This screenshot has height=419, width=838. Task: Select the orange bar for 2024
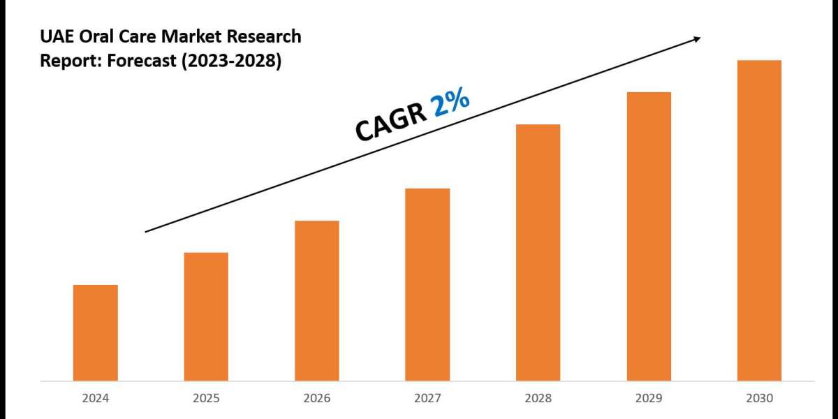96,332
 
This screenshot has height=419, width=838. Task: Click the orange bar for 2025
206,316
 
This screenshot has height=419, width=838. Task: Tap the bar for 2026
317,300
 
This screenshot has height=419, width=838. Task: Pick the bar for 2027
427,284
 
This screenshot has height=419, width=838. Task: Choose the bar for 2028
538,252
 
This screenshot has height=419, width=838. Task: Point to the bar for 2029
649,236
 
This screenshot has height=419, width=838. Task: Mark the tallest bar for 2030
759,220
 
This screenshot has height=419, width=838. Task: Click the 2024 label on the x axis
96,399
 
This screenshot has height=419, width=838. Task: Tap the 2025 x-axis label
206,399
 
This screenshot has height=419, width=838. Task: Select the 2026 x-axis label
317,399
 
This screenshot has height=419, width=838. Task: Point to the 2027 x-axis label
427,399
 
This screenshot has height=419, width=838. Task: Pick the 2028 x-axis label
538,399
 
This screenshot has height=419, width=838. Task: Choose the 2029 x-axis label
649,399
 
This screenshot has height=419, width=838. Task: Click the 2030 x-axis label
759,399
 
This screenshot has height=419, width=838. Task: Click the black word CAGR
391,124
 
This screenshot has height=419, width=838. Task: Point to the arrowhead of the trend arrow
696,40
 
